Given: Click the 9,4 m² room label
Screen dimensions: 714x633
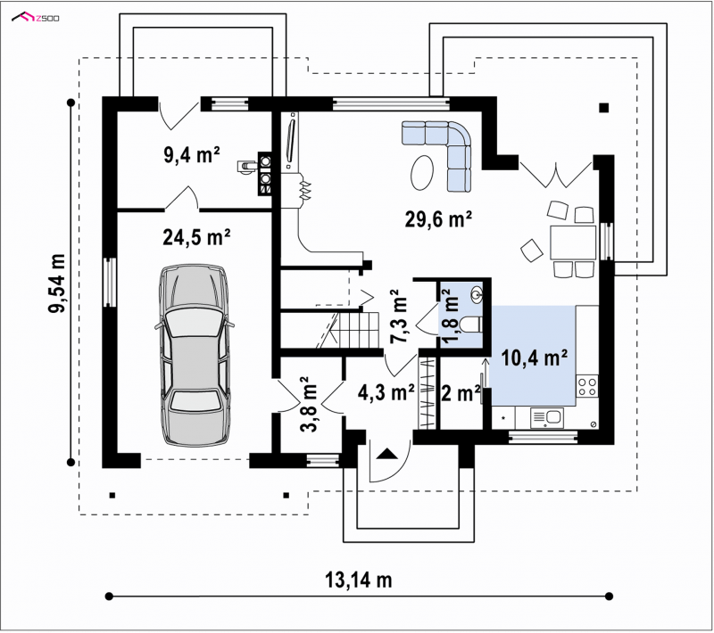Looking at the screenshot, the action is point(192,154).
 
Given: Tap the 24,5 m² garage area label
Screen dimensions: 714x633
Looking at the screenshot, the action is point(196,236).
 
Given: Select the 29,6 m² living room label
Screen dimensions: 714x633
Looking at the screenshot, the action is point(438,219).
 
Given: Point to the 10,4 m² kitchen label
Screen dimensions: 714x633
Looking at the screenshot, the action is point(534,358).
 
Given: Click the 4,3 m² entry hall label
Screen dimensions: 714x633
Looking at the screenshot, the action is point(386,392).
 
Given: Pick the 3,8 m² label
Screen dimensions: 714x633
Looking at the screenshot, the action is point(311,404).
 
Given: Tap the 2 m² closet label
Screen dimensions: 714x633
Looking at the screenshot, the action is point(461,392).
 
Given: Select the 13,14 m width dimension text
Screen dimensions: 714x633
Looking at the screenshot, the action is point(359,580).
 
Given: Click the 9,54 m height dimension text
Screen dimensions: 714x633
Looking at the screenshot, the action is point(56,283).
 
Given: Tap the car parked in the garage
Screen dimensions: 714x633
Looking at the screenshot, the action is point(195,355).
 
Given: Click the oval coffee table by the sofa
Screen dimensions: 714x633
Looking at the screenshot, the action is point(422,172).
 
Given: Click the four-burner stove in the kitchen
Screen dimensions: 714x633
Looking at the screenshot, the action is point(587,386).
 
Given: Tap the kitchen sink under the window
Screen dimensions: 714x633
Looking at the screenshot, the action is point(547,418).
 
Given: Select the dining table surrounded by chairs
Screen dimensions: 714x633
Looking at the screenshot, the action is point(573,243).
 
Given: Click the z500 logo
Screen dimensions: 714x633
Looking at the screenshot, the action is point(36,18).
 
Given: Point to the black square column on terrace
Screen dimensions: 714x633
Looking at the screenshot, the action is point(604,108).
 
